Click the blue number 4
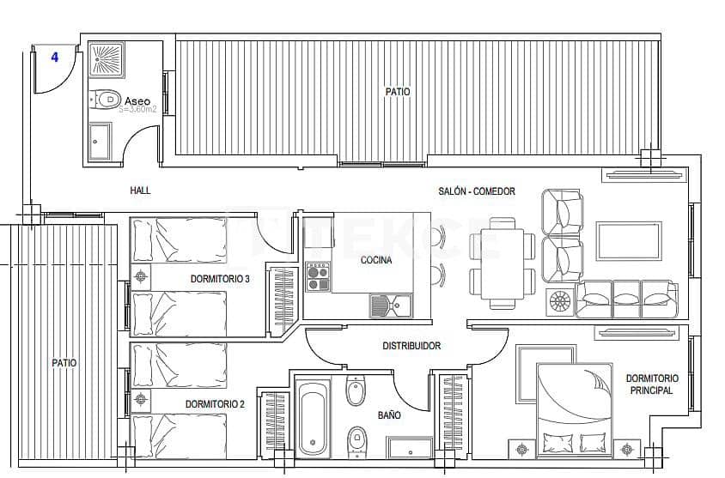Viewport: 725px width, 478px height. (x=55, y=57)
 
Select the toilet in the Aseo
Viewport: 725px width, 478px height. (x=106, y=100)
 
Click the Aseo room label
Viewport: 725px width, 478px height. (x=137, y=100)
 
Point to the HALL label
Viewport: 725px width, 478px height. (x=140, y=191)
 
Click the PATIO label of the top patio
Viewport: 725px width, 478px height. (x=397, y=91)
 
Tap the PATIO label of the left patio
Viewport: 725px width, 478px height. (x=64, y=363)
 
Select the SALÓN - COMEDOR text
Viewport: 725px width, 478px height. (x=477, y=191)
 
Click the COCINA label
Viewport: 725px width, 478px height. (x=376, y=261)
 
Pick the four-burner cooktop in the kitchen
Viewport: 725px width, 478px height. (x=318, y=278)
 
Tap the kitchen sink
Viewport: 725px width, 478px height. (x=391, y=305)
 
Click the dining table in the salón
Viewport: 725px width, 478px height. (x=498, y=263)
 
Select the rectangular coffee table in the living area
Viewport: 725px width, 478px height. (x=629, y=240)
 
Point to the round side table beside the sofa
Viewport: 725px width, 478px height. (x=559, y=302)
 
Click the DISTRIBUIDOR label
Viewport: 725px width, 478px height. (x=411, y=346)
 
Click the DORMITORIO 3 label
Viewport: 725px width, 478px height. (x=220, y=279)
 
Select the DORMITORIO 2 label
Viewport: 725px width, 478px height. (x=216, y=403)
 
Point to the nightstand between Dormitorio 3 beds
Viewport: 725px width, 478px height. (x=141, y=276)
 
